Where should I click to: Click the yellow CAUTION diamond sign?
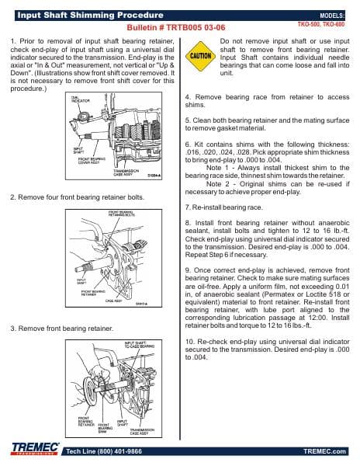(x=200, y=57)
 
